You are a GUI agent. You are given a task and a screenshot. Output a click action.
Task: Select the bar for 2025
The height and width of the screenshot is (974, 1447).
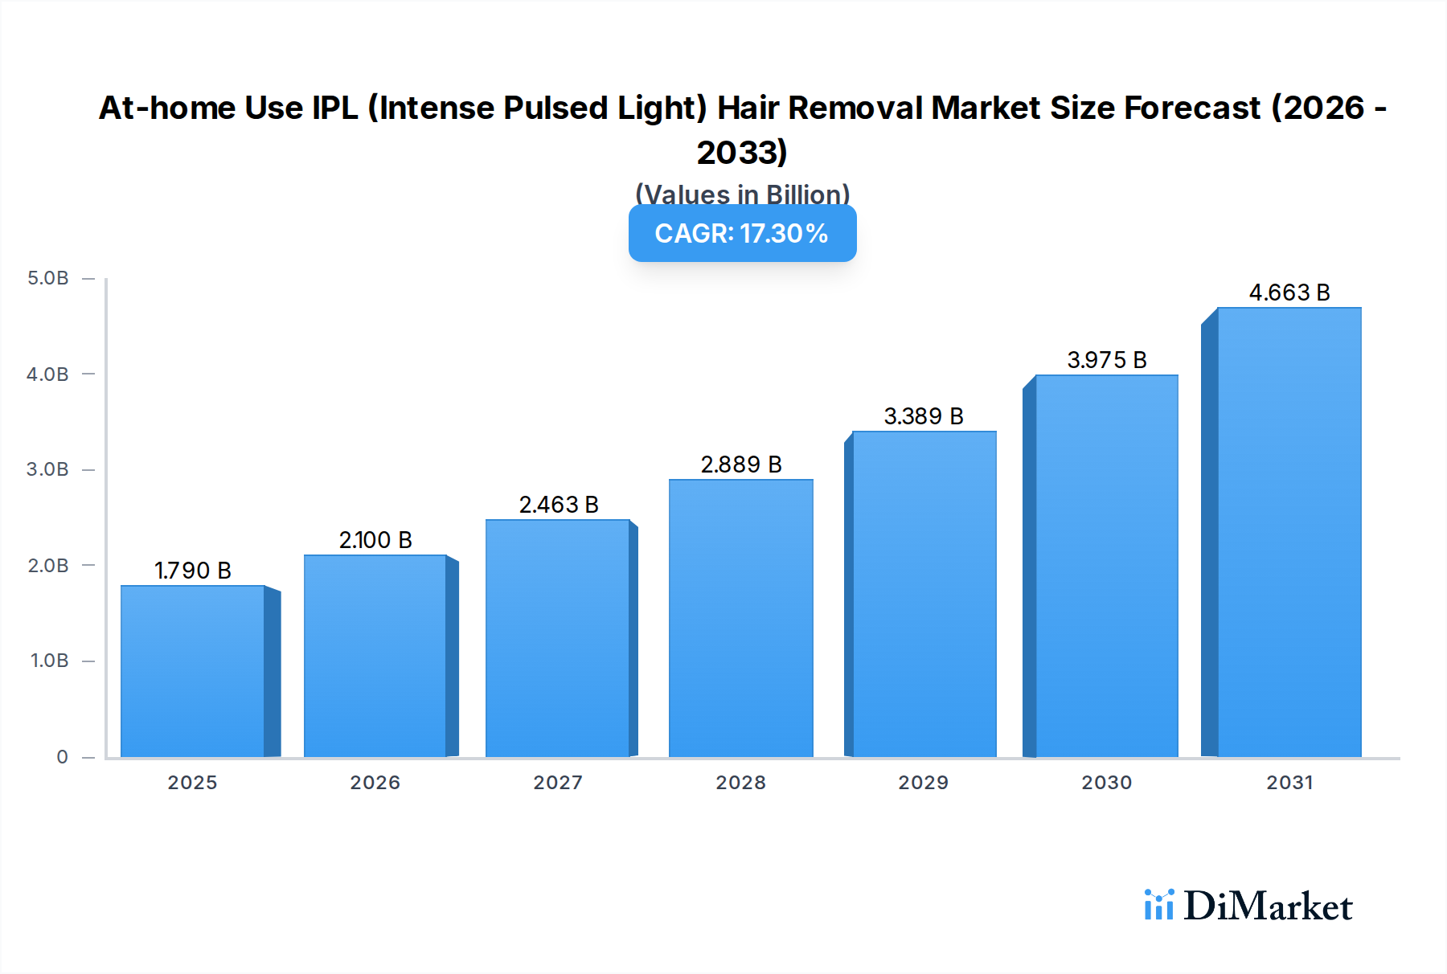[x=193, y=671]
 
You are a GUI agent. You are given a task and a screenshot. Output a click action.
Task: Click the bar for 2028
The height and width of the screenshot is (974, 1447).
[x=740, y=618]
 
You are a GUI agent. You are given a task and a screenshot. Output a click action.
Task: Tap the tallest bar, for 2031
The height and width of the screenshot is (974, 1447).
[x=1289, y=532]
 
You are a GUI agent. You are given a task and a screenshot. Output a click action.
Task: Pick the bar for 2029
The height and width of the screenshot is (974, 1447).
[x=924, y=594]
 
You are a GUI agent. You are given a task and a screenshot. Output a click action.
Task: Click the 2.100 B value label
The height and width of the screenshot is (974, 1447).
[x=375, y=540]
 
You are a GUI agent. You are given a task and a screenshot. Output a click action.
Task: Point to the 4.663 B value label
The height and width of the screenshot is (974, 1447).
[x=1289, y=293]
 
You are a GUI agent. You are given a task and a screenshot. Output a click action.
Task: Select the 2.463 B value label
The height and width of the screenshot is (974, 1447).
[x=559, y=505]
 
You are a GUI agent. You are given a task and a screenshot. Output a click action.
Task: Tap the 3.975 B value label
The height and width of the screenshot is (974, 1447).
[x=1106, y=360]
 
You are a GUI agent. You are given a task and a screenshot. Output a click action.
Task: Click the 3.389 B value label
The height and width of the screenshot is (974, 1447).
[x=924, y=416]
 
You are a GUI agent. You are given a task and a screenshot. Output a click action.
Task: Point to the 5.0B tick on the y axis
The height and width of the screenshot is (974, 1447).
[x=48, y=278]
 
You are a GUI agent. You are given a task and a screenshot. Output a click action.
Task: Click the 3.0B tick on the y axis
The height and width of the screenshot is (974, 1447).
[x=48, y=469]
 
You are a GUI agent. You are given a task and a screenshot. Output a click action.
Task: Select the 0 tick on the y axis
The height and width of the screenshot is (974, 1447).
[x=62, y=757]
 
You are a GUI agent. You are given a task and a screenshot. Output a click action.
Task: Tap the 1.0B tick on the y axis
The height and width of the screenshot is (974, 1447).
[x=50, y=661]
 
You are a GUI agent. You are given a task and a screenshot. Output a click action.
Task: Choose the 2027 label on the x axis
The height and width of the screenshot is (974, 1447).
[x=558, y=783]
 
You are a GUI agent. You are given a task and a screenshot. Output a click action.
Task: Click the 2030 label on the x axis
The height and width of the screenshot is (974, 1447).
[x=1106, y=783]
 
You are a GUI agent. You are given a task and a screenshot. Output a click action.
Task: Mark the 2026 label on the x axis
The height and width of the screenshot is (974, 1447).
[x=375, y=783]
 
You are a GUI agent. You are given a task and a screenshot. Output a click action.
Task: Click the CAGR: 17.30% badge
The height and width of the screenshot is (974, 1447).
[x=742, y=234]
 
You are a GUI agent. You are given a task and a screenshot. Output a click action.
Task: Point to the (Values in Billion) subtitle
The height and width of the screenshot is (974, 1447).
[x=742, y=194]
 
